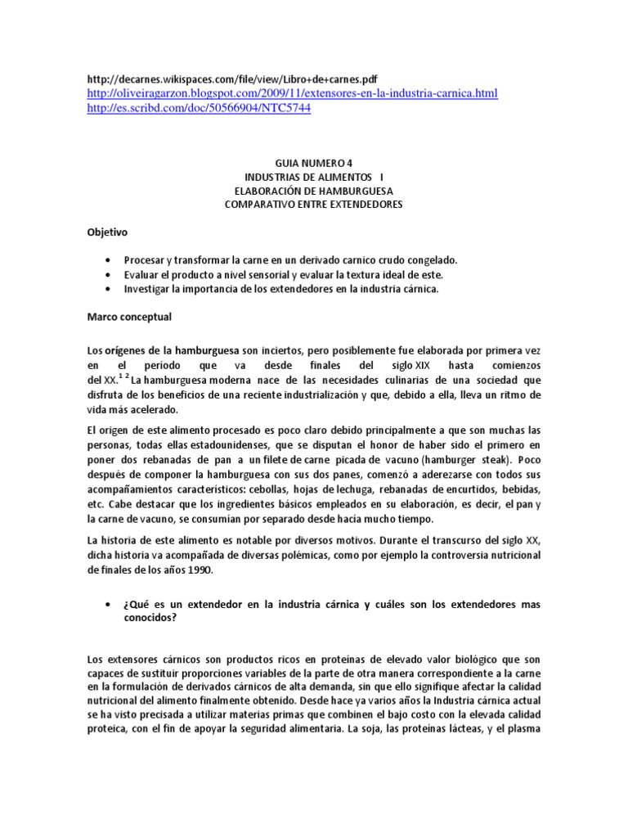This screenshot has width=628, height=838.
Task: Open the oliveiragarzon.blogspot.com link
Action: (x=291, y=94)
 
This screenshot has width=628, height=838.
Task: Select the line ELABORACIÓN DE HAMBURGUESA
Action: (x=313, y=191)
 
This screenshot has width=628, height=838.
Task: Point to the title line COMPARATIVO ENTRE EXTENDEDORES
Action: (x=313, y=205)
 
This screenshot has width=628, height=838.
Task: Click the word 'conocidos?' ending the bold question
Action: (x=153, y=618)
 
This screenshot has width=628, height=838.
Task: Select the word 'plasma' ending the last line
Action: (x=523, y=726)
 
